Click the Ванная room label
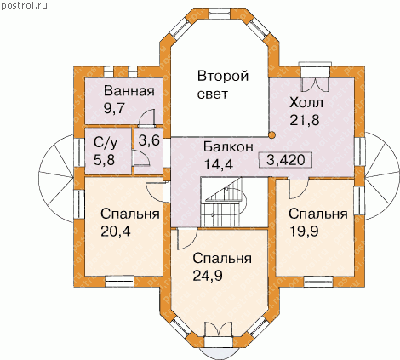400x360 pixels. tap(129, 91)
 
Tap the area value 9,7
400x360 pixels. tap(115, 108)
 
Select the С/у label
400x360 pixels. tap(106, 143)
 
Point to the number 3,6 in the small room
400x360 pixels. tap(149, 140)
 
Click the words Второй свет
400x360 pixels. tap(223, 85)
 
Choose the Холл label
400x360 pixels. tap(306, 102)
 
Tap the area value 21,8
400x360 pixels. tap(305, 120)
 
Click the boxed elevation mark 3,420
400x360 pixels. tap(285, 160)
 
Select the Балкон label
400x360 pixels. tap(228, 147)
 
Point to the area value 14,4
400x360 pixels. tap(219, 163)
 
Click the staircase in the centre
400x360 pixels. tap(224, 202)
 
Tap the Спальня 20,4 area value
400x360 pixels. tap(116, 231)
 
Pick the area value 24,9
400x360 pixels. tap(208, 275)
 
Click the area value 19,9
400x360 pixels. tap(304, 231)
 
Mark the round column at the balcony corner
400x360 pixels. tap(271, 135)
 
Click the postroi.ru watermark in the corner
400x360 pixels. tap(24, 5)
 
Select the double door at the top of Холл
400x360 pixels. tap(315, 79)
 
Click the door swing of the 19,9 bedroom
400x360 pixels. tap(298, 188)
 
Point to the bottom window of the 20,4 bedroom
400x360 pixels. tap(119, 282)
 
